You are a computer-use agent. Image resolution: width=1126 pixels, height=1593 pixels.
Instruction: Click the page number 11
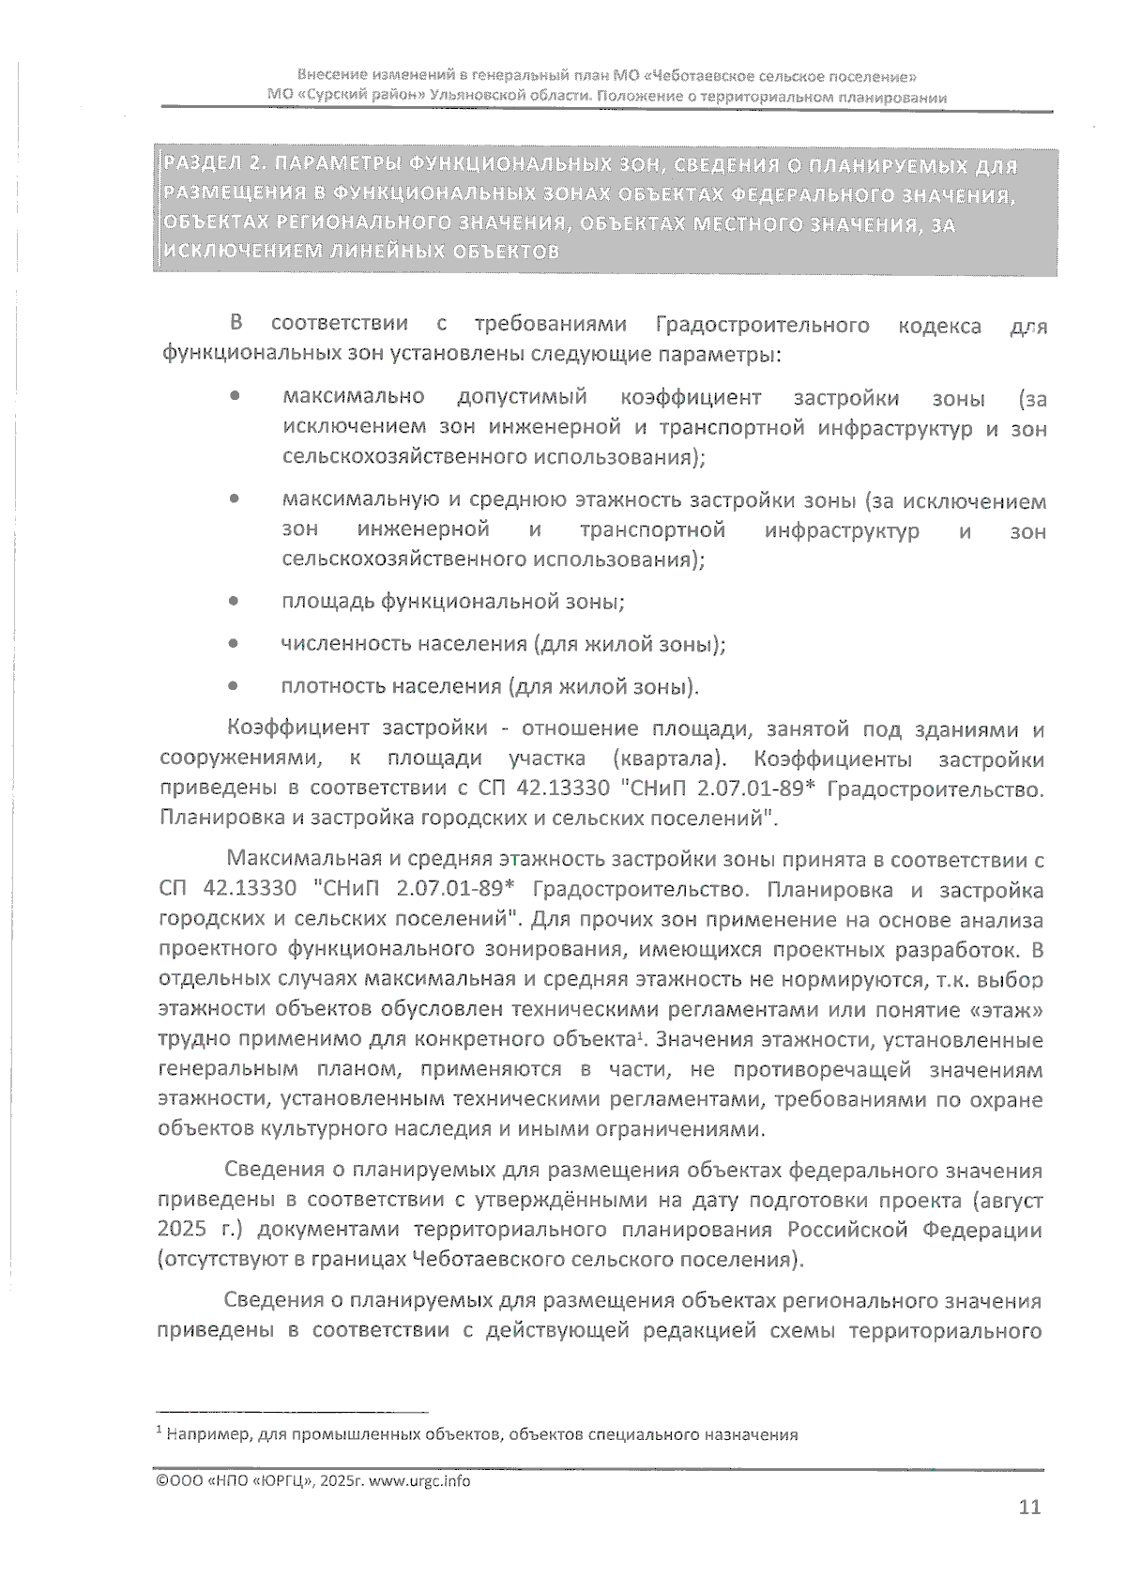[1029, 1508]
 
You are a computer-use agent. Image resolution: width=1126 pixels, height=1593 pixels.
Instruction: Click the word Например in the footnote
[207, 1434]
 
